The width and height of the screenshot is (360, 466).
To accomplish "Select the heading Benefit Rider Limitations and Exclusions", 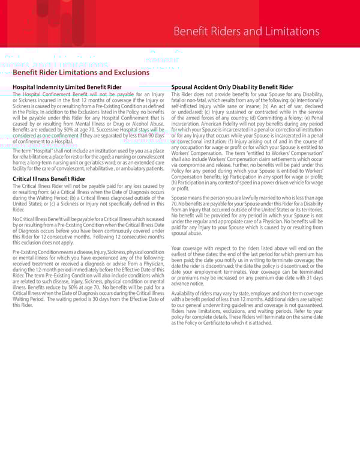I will pyautogui.click(x=80, y=73).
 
